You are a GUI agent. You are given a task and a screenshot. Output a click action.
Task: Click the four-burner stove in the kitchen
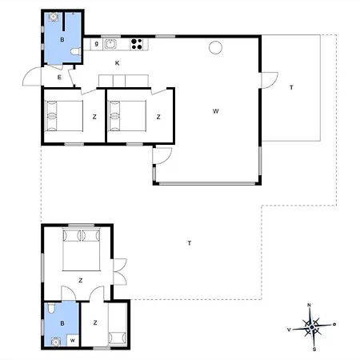137,44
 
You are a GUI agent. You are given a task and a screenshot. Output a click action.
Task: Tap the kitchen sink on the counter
110,44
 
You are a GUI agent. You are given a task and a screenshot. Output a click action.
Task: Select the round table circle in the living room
215,48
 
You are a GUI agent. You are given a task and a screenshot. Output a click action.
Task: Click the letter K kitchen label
117,63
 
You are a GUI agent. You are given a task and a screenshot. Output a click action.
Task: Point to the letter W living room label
216,111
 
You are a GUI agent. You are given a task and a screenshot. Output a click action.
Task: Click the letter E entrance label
59,78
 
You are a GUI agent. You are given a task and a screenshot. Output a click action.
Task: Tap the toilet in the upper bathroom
76,51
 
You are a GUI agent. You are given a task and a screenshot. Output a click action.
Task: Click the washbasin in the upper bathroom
54,17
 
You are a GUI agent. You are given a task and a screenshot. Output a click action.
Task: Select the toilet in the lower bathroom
50,308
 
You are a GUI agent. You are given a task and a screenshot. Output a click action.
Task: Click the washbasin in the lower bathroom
55,342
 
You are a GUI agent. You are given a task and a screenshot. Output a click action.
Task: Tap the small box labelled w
73,341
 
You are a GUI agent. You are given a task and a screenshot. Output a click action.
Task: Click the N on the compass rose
310,305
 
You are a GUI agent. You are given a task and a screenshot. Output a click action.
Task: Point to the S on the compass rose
314,349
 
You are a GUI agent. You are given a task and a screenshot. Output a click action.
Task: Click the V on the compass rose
289,330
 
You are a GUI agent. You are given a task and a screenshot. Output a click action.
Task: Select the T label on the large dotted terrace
190,243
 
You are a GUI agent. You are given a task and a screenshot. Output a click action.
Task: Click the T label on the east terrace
291,87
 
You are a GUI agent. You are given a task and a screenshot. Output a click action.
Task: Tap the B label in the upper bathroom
62,40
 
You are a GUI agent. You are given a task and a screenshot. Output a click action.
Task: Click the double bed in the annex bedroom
82,250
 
